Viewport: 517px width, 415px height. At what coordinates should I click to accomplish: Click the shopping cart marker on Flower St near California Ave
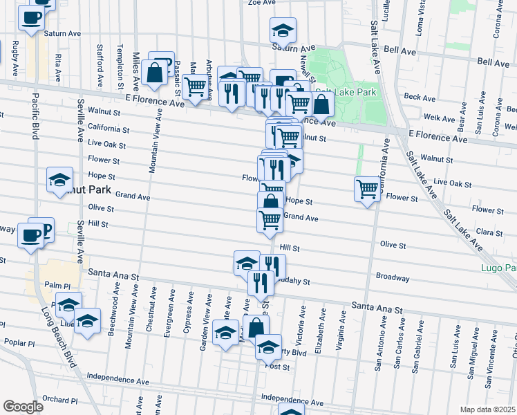point(368,189)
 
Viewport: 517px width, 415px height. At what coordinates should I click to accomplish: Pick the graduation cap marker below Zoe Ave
point(282,30)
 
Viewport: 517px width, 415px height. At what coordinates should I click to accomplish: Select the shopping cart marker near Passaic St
point(196,87)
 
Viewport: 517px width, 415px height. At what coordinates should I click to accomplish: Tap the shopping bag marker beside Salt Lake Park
point(321,104)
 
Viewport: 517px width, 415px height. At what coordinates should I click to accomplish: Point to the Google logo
point(23,406)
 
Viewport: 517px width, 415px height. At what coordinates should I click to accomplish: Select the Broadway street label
point(393,276)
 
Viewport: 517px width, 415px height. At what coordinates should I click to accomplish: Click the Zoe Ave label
point(262,3)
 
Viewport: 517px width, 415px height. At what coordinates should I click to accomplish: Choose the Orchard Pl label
point(59,400)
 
